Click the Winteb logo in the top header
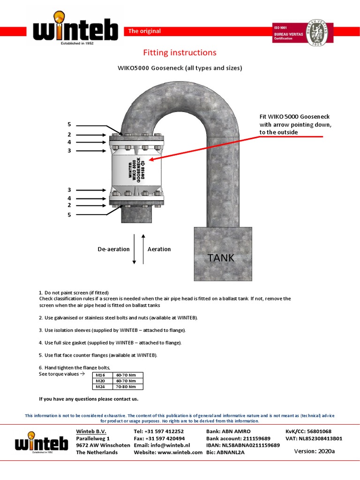[x=75, y=29]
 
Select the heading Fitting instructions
[x=180, y=52]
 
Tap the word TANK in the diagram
[x=221, y=257]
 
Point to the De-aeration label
[x=113, y=249]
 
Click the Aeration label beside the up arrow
[x=159, y=249]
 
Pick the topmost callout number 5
[x=69, y=125]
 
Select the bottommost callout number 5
[x=69, y=215]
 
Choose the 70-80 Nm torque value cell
[x=126, y=387]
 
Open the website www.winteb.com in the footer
[x=168, y=452]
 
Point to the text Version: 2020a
[x=314, y=451]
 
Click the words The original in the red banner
[x=144, y=31]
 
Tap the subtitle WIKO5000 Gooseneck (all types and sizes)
[x=180, y=68]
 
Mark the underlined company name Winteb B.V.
[x=91, y=431]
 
